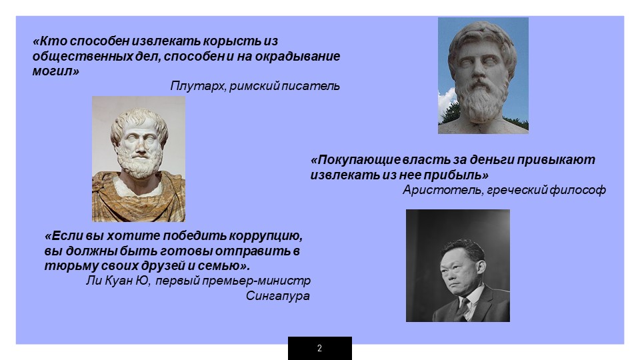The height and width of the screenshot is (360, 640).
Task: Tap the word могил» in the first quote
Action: point(55,71)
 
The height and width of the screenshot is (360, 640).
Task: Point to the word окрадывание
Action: point(297,56)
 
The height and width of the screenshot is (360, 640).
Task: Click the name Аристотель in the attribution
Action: point(442,190)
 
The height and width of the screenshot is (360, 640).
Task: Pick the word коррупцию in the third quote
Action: point(265,236)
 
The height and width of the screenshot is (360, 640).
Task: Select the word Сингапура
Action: point(277,296)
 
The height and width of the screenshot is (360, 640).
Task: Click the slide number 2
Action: point(319,348)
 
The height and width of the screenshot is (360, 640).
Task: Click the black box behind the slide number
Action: point(320,348)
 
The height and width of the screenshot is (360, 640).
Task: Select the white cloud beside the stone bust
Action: point(447,102)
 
